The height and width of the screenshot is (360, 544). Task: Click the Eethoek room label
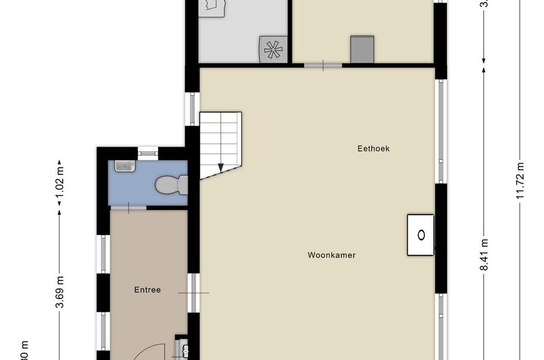coord(374,149)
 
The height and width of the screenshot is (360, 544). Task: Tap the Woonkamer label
coord(331,255)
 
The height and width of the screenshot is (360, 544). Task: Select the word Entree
coord(147,290)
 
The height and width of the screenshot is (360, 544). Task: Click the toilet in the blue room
coord(172,184)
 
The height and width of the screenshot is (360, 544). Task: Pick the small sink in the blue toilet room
coord(124,166)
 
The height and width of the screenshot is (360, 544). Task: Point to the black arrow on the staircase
coord(220,168)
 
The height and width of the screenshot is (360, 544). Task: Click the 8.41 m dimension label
coord(485,255)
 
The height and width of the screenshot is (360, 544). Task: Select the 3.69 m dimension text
coord(59,292)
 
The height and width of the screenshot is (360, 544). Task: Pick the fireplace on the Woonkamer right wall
coord(421,234)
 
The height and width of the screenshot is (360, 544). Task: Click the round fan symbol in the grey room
coord(272,50)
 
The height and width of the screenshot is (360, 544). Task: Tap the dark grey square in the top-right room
coord(363,49)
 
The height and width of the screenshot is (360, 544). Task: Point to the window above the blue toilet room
coord(148,153)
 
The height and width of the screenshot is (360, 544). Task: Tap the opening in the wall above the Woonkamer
coord(323,66)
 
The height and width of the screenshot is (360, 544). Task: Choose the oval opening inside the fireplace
coord(421,234)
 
